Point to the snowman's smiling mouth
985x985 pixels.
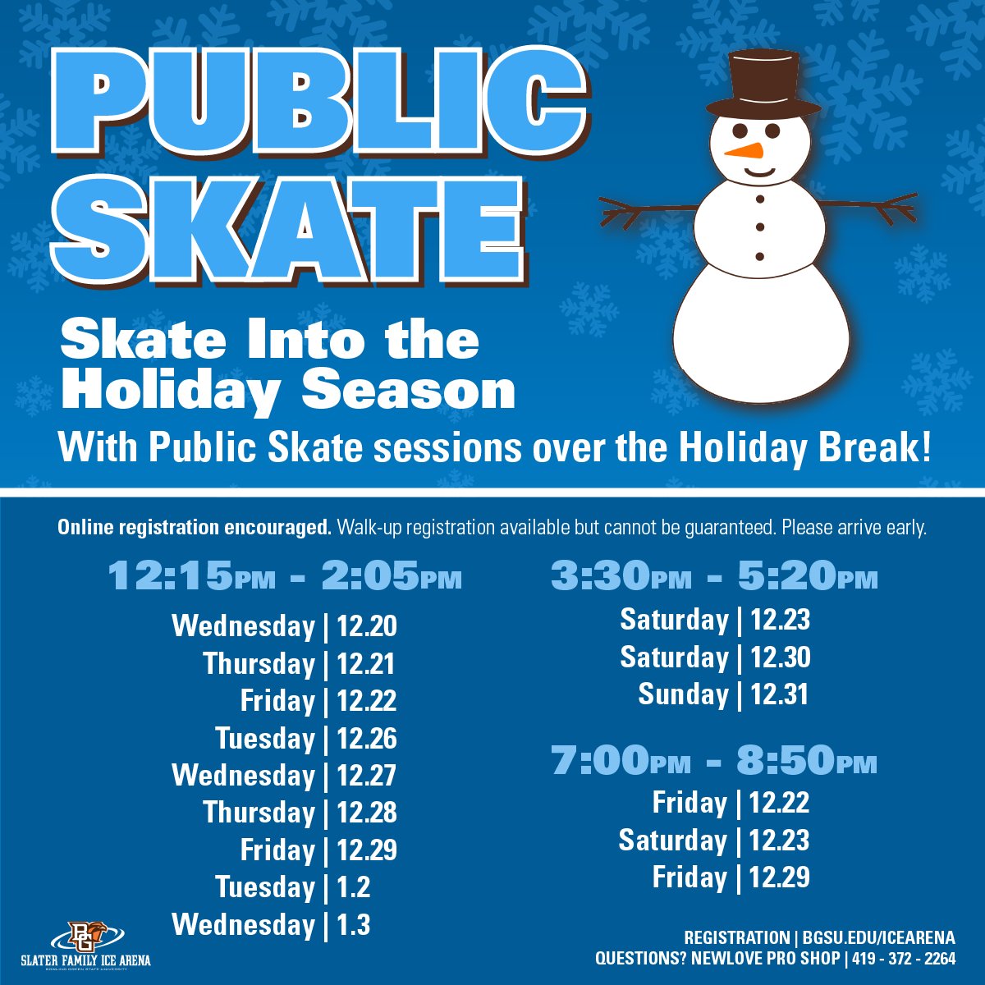tap(760, 172)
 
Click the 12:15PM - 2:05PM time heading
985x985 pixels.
tap(285, 578)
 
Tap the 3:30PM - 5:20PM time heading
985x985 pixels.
tap(714, 578)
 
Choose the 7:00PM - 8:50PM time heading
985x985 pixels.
tap(714, 762)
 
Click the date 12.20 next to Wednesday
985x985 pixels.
tap(367, 627)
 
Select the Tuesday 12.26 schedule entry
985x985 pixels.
tap(306, 739)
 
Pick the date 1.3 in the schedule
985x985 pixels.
tap(354, 925)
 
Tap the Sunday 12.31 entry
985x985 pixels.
tap(723, 694)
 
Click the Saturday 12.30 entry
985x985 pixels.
tap(715, 657)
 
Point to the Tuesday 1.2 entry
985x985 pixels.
tap(293, 887)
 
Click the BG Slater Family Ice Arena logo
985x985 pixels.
tap(86, 943)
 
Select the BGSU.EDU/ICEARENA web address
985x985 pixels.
tap(878, 937)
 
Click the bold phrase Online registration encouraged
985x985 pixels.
tap(194, 528)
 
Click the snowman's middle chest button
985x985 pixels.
tap(760, 227)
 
